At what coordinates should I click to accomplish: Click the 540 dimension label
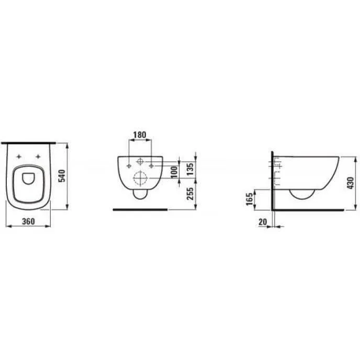62,176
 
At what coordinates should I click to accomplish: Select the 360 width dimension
28,221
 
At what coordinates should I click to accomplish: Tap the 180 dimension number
140,135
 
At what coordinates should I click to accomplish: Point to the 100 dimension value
174,172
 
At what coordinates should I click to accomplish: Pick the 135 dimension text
190,169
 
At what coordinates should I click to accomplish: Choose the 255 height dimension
190,194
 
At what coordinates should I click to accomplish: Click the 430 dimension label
351,183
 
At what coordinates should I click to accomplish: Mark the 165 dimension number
250,199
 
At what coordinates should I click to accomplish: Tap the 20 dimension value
263,222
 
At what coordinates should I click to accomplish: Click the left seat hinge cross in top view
19,157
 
